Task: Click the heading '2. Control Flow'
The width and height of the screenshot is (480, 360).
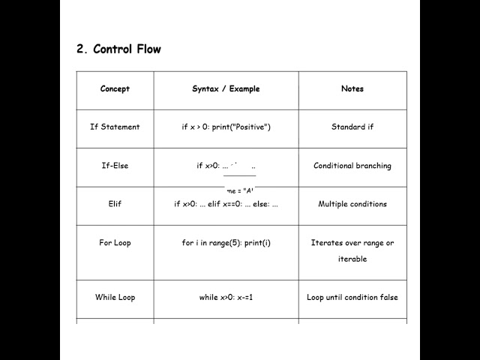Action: pyautogui.click(x=118, y=49)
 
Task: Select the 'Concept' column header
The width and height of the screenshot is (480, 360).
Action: pyautogui.click(x=115, y=88)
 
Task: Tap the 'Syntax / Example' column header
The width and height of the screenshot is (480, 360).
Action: pyautogui.click(x=226, y=88)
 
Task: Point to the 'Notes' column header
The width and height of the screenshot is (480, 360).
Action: pyautogui.click(x=352, y=88)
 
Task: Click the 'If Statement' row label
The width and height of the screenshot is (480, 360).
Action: pyautogui.click(x=115, y=127)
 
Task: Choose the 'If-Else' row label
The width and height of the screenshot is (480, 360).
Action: pyautogui.click(x=115, y=166)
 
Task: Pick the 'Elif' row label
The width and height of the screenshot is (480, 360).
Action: pyautogui.click(x=115, y=204)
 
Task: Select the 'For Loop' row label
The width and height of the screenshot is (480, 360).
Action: pyautogui.click(x=115, y=243)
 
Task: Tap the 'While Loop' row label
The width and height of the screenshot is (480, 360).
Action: pyautogui.click(x=115, y=297)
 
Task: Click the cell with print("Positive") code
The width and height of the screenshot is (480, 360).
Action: pyautogui.click(x=226, y=127)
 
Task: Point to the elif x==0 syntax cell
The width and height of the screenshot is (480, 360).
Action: pyautogui.click(x=226, y=204)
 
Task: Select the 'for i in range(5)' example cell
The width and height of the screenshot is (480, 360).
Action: pyautogui.click(x=226, y=243)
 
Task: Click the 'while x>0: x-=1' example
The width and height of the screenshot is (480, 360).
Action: pyautogui.click(x=226, y=297)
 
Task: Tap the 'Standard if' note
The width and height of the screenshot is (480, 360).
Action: pyautogui.click(x=352, y=127)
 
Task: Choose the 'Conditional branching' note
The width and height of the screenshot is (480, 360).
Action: pyautogui.click(x=352, y=166)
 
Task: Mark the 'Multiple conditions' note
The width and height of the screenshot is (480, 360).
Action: pyautogui.click(x=352, y=204)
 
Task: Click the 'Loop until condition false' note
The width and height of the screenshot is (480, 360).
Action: pyautogui.click(x=352, y=297)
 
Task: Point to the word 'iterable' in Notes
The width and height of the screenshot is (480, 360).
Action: pyautogui.click(x=352, y=259)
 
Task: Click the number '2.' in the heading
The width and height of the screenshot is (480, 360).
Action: pyautogui.click(x=82, y=49)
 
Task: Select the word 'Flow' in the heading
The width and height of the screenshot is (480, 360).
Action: pyautogui.click(x=148, y=49)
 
